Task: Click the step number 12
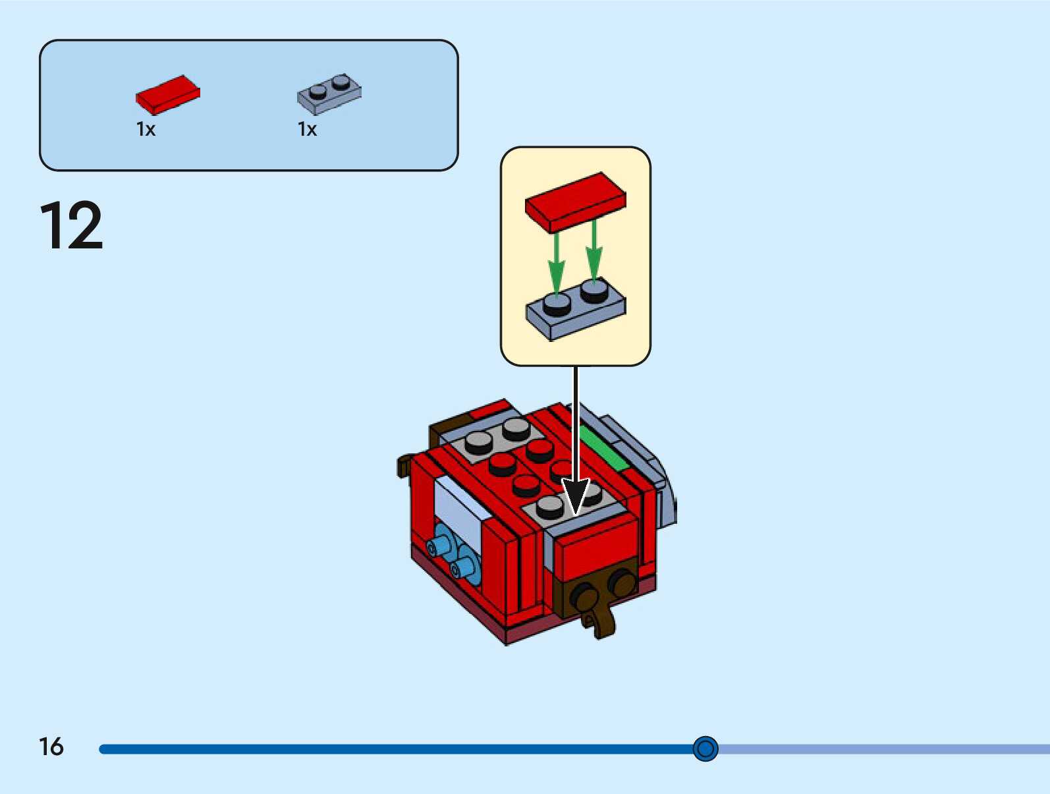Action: pyautogui.click(x=71, y=225)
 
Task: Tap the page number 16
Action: pyautogui.click(x=51, y=747)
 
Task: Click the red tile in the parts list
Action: pyautogui.click(x=167, y=94)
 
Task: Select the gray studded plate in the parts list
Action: pyautogui.click(x=329, y=94)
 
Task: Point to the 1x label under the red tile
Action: pyautogui.click(x=146, y=129)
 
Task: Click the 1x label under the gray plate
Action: pyautogui.click(x=307, y=129)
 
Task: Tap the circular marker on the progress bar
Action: pyautogui.click(x=705, y=749)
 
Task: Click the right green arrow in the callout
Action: pyautogui.click(x=594, y=250)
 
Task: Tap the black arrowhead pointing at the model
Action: pyautogui.click(x=576, y=496)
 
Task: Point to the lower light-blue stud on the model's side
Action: pyautogui.click(x=463, y=567)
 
